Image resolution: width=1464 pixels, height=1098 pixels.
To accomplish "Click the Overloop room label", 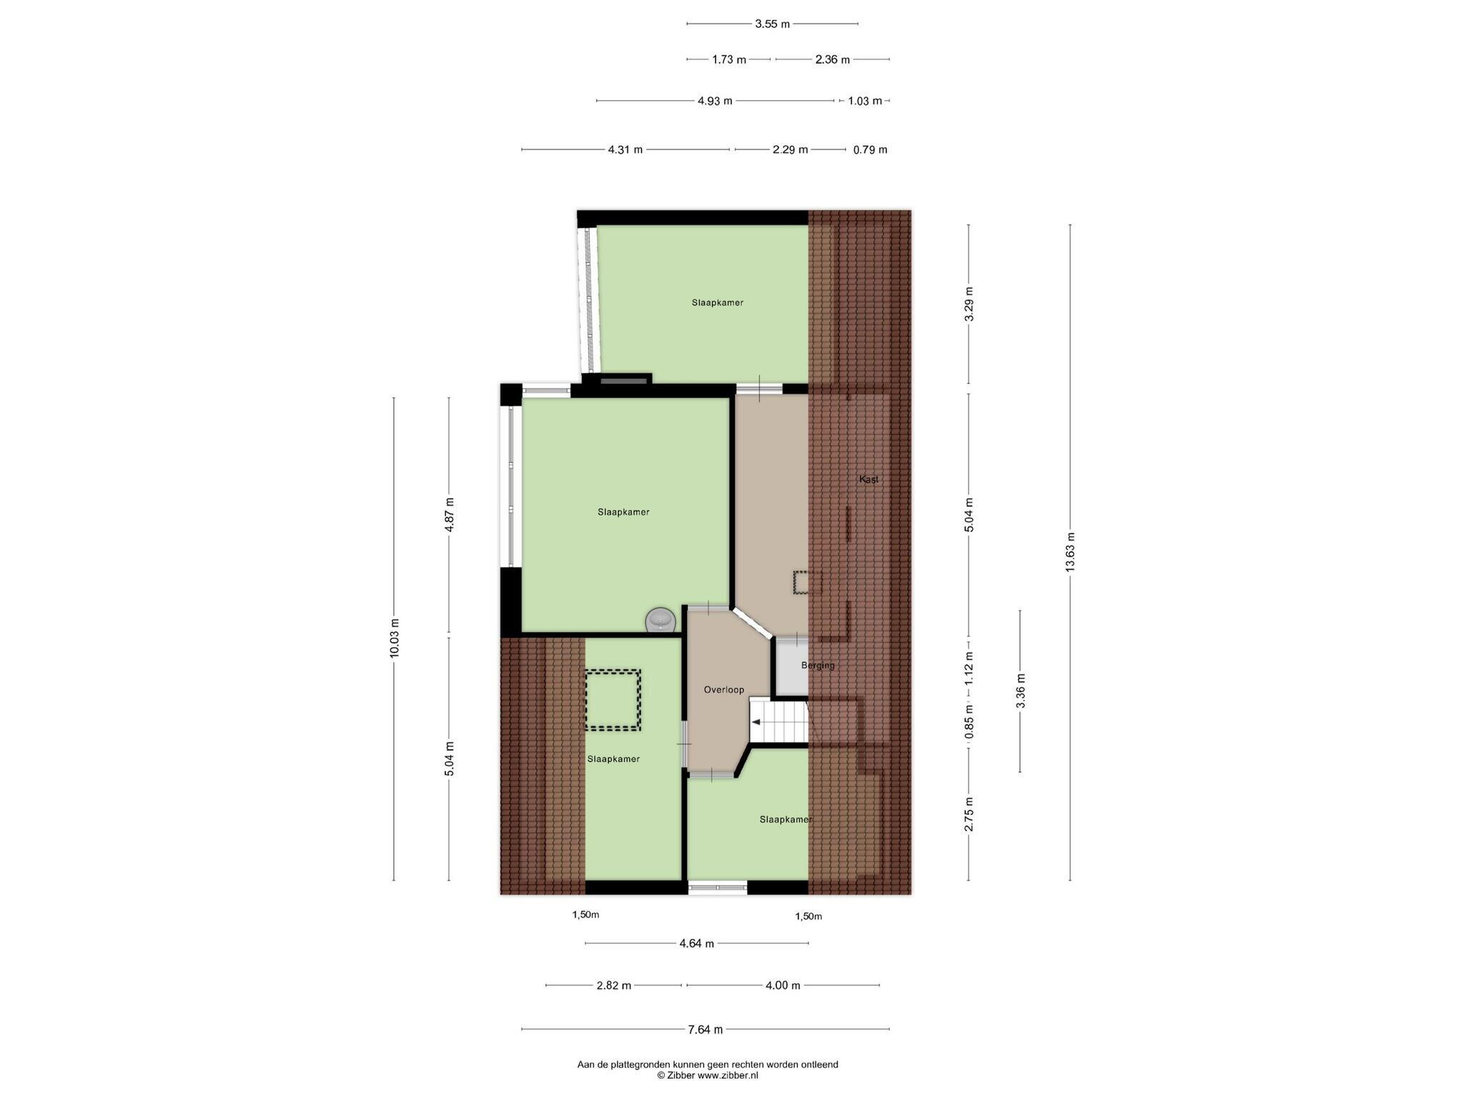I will click(723, 690).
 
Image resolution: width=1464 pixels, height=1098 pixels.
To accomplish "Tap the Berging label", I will click(817, 666).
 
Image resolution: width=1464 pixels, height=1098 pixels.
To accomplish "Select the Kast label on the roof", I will click(869, 480).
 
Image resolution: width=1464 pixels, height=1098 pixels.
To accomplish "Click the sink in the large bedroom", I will click(660, 619).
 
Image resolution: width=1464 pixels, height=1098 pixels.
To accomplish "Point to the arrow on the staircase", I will click(756, 722).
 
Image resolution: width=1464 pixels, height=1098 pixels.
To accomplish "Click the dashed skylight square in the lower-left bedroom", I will click(613, 700).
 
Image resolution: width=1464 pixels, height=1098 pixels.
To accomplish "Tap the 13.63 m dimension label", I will click(1070, 553).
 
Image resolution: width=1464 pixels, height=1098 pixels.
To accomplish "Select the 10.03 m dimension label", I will click(394, 641).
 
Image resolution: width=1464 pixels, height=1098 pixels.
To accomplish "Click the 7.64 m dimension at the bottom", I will click(705, 1029).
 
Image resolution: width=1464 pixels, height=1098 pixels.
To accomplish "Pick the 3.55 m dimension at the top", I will click(772, 24).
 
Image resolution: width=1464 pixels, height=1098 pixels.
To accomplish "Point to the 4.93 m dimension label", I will click(715, 102).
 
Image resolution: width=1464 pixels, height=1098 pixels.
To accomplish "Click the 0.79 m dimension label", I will click(870, 150).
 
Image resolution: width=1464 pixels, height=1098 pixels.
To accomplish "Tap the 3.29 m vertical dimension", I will click(969, 305).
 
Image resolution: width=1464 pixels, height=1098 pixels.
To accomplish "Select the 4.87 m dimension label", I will click(449, 515).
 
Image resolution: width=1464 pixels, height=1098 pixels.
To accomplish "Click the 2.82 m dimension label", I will click(613, 986).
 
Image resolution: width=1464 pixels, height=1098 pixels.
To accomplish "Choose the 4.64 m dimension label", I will click(696, 944).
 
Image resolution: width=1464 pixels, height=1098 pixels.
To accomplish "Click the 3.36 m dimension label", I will click(1020, 691).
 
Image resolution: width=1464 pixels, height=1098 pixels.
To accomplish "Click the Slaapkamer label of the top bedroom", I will click(717, 303).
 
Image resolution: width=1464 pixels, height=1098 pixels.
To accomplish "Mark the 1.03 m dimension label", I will click(864, 102).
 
